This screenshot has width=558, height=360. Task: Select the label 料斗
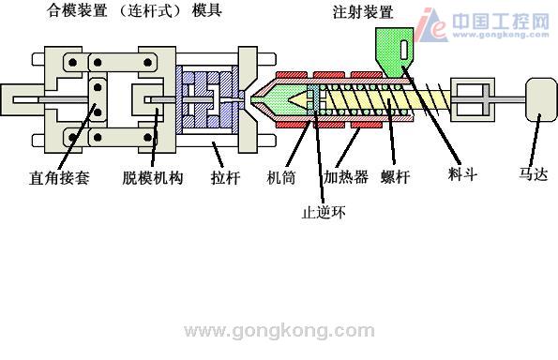(x=462, y=174)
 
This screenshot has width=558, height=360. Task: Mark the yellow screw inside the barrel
(x=385, y=97)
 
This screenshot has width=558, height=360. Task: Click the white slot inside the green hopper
(x=403, y=49)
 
